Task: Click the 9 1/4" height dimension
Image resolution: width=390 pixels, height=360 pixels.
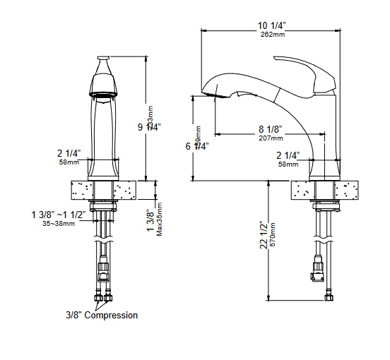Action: (x=149, y=127)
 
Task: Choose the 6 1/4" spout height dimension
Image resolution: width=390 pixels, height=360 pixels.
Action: (x=197, y=147)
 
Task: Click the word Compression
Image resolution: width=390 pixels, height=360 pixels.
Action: (x=112, y=315)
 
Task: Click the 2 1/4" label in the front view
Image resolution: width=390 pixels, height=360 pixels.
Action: (x=69, y=153)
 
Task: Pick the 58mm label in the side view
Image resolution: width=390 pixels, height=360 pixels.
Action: (x=288, y=164)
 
